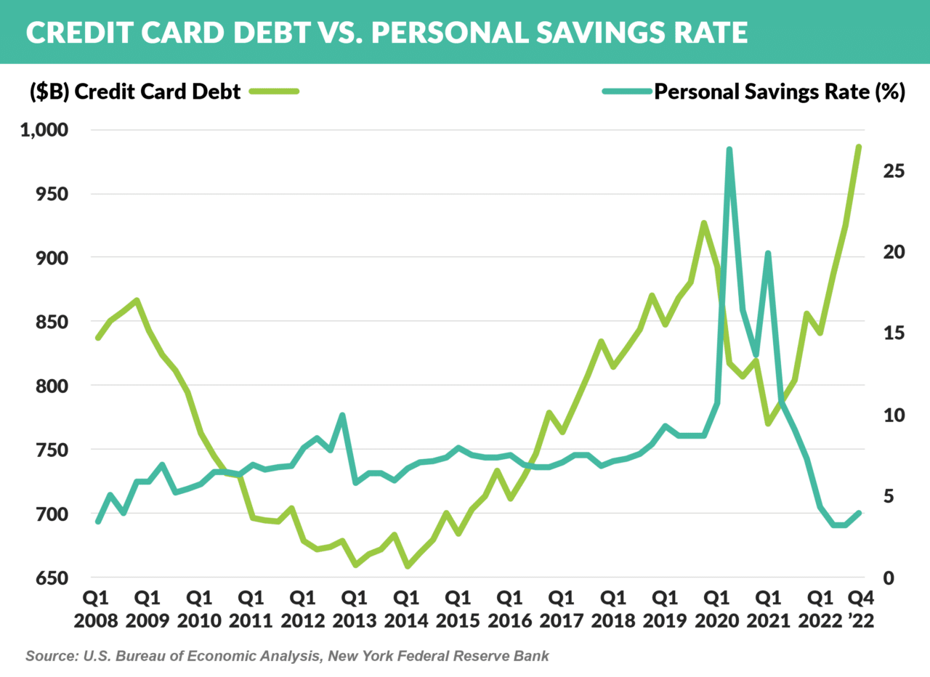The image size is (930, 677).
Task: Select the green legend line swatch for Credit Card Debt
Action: (274, 92)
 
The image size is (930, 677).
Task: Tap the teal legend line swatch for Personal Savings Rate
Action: (626, 92)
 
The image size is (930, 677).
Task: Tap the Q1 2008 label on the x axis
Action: (97, 609)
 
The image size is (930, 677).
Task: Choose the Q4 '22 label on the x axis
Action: (862, 609)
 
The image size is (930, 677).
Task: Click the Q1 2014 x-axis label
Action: (406, 609)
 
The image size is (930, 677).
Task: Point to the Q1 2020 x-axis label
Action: (716, 609)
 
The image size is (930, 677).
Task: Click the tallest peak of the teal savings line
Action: (729, 150)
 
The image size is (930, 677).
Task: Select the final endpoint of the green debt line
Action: (859, 147)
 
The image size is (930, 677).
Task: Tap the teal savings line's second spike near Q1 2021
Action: (768, 254)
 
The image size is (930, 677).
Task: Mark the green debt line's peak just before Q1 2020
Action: (703, 223)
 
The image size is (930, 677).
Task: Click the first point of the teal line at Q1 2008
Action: (97, 522)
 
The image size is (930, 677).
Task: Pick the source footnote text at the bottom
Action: (287, 656)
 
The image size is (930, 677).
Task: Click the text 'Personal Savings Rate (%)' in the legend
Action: (780, 92)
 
